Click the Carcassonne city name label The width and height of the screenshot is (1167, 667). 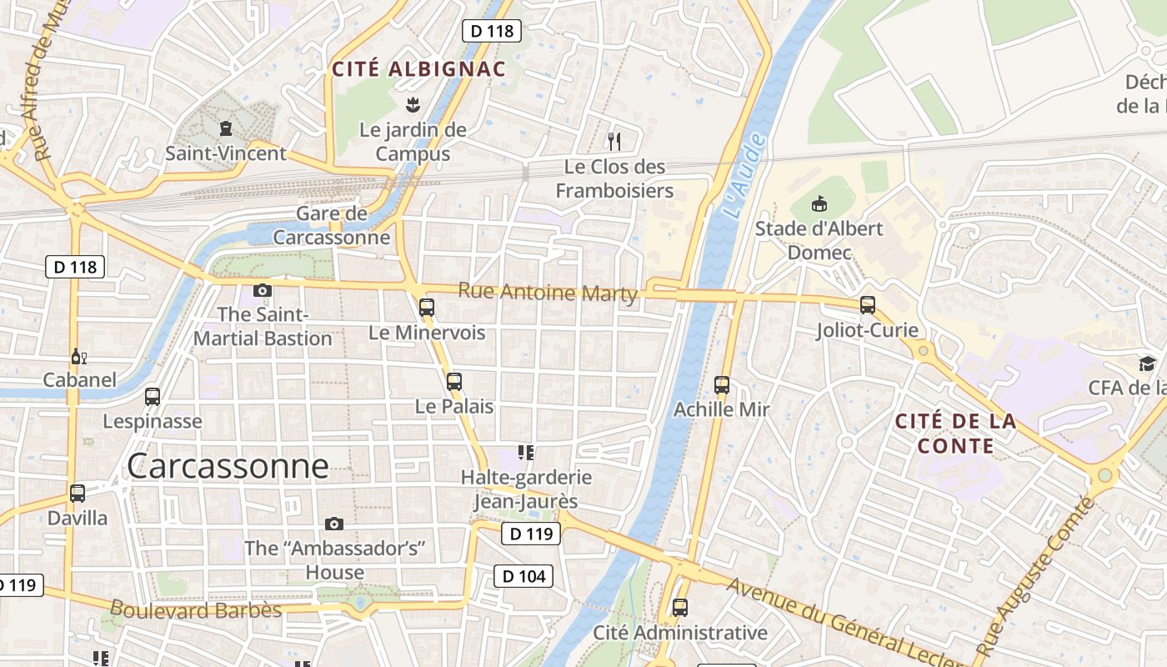228,466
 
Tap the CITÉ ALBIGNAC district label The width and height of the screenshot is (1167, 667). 419,69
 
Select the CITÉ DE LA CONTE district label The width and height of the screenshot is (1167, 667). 955,434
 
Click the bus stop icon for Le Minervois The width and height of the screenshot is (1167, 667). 427,308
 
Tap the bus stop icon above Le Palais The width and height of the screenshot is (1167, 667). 454,382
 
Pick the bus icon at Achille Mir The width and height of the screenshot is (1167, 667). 722,385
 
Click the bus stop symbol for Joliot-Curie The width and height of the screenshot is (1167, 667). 868,305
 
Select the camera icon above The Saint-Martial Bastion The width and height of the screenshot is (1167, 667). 263,290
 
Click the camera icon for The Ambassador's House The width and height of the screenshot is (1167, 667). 334,524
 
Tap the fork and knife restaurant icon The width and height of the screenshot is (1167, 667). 614,141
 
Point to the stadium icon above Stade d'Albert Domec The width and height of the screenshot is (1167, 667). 819,203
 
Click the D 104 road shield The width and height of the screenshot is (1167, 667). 523,575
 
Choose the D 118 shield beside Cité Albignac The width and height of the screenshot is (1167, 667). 492,31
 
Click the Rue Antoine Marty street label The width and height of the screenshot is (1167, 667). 548,293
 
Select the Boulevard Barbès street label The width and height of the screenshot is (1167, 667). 196,610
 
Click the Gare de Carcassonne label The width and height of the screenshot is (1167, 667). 332,225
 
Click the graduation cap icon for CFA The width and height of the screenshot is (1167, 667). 1148,364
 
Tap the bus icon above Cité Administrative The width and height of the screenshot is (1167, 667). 680,607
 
